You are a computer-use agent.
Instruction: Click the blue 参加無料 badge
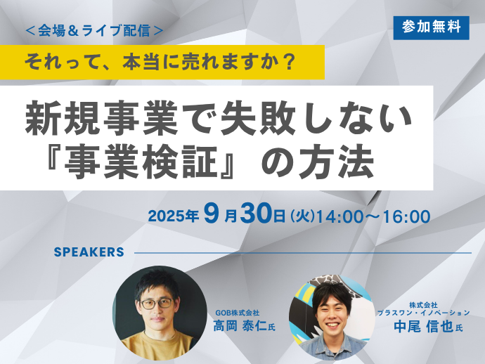[431, 28]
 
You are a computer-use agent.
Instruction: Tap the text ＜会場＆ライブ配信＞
[94, 31]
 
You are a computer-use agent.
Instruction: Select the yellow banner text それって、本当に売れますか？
[160, 62]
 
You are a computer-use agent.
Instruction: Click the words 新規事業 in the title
[101, 118]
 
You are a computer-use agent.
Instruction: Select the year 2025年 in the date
[173, 216]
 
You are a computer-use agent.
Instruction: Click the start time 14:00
[339, 216]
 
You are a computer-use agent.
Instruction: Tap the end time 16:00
[407, 216]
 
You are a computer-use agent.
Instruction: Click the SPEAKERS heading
[89, 252]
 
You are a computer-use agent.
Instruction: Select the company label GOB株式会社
[238, 313]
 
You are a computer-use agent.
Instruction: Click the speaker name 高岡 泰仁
[240, 326]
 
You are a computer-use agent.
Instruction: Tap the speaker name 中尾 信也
[423, 327]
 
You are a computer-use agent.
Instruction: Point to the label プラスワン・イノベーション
[423, 313]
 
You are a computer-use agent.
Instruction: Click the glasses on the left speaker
[157, 304]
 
